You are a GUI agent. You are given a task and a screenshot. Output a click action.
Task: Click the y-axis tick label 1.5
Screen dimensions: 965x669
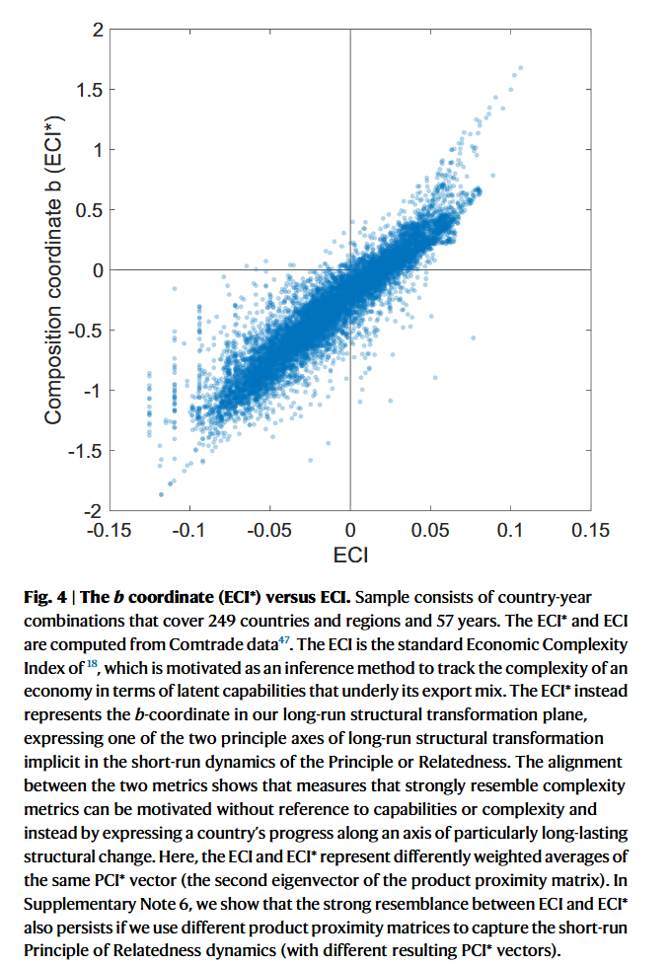(88, 90)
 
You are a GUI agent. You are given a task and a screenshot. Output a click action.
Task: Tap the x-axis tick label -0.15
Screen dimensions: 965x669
(109, 531)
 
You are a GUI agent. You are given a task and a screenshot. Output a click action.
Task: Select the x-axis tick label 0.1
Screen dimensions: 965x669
(510, 531)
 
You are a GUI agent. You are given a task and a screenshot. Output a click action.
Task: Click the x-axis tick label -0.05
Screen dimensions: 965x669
(269, 531)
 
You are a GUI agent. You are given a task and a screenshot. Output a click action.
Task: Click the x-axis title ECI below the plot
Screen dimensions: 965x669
(350, 556)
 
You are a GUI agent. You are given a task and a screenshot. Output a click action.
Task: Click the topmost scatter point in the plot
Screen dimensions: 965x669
(520, 68)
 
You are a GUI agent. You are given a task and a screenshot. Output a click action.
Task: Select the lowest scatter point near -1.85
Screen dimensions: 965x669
(161, 493)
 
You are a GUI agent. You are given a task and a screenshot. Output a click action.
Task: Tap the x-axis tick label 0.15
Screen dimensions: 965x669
(590, 531)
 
